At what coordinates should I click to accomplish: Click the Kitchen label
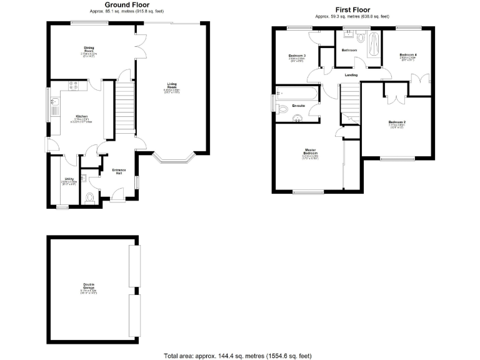point(82,116)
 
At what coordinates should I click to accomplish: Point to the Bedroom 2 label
point(396,122)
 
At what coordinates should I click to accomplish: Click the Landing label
point(352,75)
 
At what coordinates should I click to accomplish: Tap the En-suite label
point(299,106)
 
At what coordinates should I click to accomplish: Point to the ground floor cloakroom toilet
point(89,199)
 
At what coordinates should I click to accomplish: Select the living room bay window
point(174,159)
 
